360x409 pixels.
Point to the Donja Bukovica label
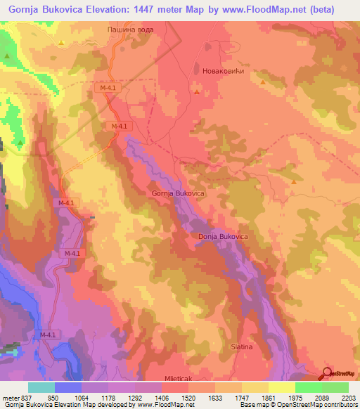pyautogui.click(x=223, y=238)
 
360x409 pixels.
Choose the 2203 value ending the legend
pyautogui.click(x=349, y=397)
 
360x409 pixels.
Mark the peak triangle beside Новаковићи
pyautogui.click(x=196, y=91)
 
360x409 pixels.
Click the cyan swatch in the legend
pyautogui.click(x=41, y=387)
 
